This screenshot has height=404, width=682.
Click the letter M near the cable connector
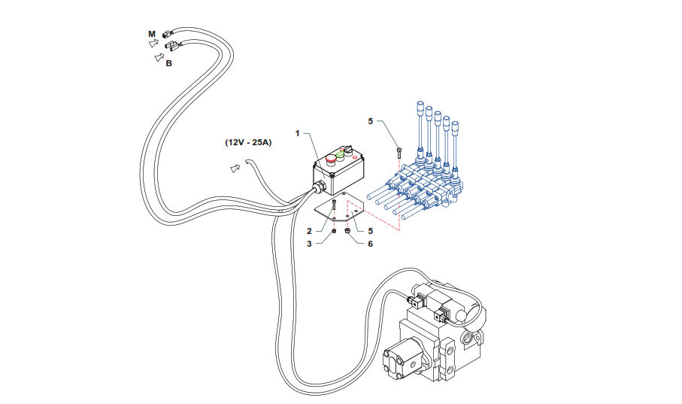pyautogui.click(x=152, y=34)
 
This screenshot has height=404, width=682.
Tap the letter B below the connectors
pyautogui.click(x=169, y=64)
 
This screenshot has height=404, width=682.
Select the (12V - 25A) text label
pyautogui.click(x=248, y=142)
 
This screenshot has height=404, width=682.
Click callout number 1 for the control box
pyautogui.click(x=298, y=133)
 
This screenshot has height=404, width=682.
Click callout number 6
pyautogui.click(x=370, y=244)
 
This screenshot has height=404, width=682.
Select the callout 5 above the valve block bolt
pyautogui.click(x=370, y=120)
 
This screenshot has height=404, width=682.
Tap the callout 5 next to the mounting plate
pyautogui.click(x=370, y=230)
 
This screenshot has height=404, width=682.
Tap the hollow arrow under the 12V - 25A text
pyautogui.click(x=235, y=168)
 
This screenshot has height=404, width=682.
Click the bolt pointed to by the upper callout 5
pyautogui.click(x=399, y=151)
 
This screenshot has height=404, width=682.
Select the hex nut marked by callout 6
pyautogui.click(x=347, y=231)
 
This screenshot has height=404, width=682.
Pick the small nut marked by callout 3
pyautogui.click(x=334, y=231)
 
